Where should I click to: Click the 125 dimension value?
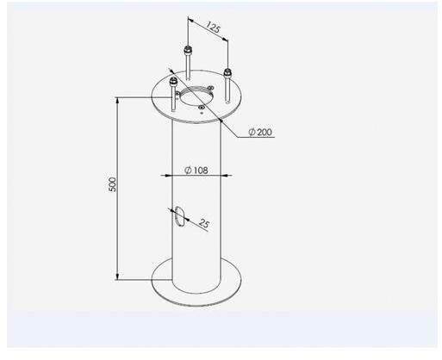tap(213, 27)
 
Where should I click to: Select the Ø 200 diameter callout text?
tap(260, 132)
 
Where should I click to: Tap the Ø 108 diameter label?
tap(196, 171)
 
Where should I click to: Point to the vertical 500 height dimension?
tap(117, 189)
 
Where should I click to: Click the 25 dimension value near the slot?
tap(203, 223)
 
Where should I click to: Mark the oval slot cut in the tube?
tap(178, 216)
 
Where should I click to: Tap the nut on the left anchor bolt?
tap(173, 82)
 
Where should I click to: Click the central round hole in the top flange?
tap(196, 95)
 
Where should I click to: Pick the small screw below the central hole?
tap(202, 108)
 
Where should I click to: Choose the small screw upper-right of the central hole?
tap(210, 88)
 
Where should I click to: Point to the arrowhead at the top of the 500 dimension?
tap(117, 100)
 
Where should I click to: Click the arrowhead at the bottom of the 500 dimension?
tap(117, 277)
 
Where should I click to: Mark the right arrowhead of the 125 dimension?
tap(225, 39)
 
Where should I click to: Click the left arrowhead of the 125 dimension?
tap(190, 20)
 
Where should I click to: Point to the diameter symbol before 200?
tap(252, 132)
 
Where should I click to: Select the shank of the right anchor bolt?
tap(227, 89)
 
